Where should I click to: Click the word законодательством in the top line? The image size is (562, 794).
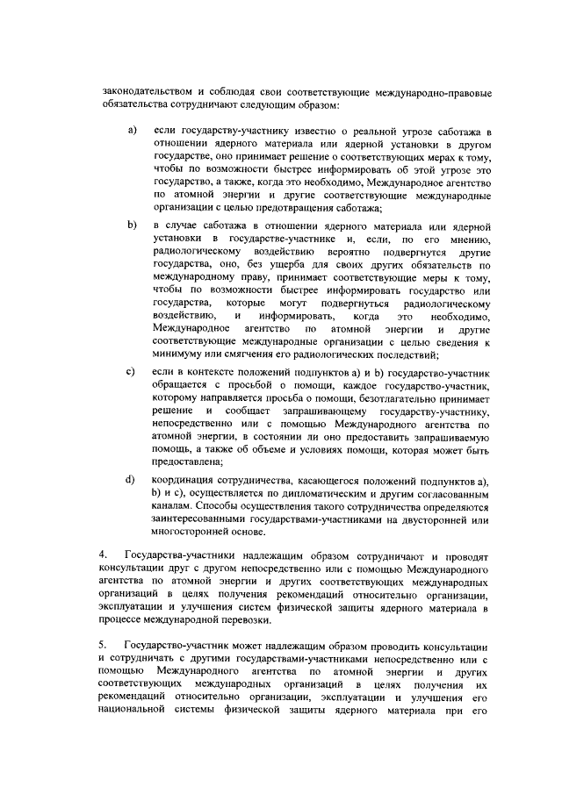(x=143, y=91)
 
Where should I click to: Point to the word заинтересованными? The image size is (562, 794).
(x=205, y=519)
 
